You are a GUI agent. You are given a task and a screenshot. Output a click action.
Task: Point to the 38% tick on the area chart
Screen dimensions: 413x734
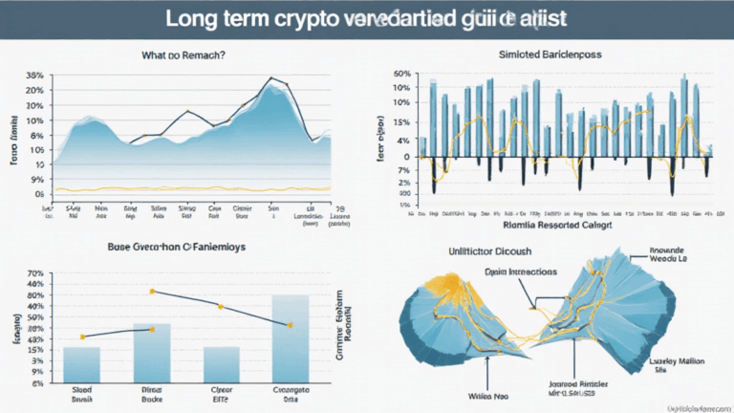[x=34, y=75]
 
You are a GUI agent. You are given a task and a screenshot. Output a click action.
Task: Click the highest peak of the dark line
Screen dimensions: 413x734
[x=272, y=77]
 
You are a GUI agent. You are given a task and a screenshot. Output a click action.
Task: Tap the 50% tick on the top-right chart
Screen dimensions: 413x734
[x=401, y=74]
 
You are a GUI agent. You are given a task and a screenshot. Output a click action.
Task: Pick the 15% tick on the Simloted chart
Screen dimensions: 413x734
[x=401, y=123]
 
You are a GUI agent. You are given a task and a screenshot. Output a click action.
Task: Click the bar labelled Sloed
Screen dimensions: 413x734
[x=82, y=364]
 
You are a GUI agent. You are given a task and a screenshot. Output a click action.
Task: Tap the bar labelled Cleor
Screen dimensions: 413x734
[x=221, y=364]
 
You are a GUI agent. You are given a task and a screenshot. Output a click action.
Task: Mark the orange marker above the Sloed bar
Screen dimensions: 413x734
[x=82, y=337]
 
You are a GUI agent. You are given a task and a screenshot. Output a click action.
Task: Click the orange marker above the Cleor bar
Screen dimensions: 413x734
[x=220, y=306]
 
